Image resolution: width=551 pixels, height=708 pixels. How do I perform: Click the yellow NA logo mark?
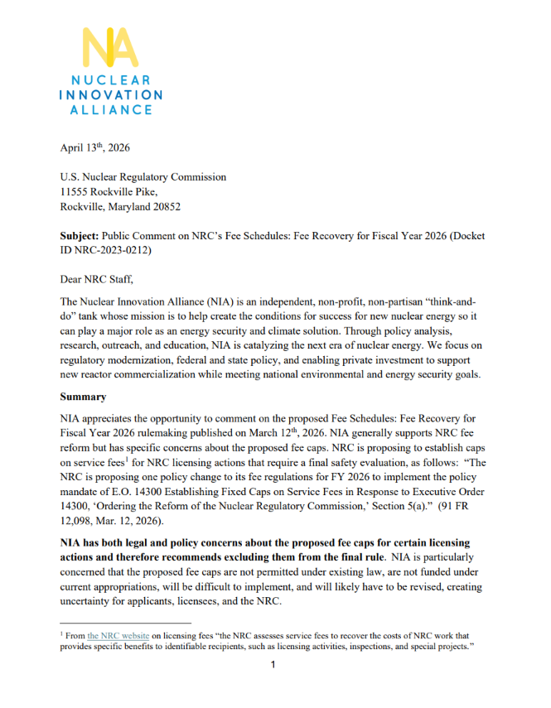coord(109,48)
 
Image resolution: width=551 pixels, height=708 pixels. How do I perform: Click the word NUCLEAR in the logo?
coord(109,81)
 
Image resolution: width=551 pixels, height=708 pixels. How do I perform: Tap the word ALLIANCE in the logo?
coord(109,109)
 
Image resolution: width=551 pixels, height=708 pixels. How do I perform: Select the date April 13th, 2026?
coord(95,148)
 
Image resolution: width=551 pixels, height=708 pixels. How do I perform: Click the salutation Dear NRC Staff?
coord(98,280)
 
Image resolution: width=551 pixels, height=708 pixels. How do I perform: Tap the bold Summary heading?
coord(83,397)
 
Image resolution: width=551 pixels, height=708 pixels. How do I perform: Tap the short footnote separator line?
coord(125,622)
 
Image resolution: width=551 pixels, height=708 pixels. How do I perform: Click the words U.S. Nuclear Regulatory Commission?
coord(143,177)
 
